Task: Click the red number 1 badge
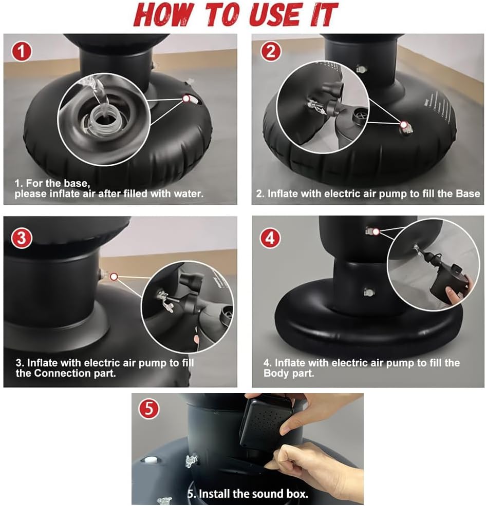[22, 52]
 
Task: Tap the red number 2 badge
[271, 52]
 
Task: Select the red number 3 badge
[22, 238]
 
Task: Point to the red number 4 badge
[270, 238]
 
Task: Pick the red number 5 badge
[149, 409]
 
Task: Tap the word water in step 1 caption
[188, 193]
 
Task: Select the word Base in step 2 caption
[468, 193]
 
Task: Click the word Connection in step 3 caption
[63, 373]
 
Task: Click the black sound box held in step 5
[266, 421]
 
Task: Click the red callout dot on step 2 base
[404, 125]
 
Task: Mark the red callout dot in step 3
[114, 277]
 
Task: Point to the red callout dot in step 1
[186, 99]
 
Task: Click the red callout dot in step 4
[376, 231]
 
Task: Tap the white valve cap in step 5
[149, 460]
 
